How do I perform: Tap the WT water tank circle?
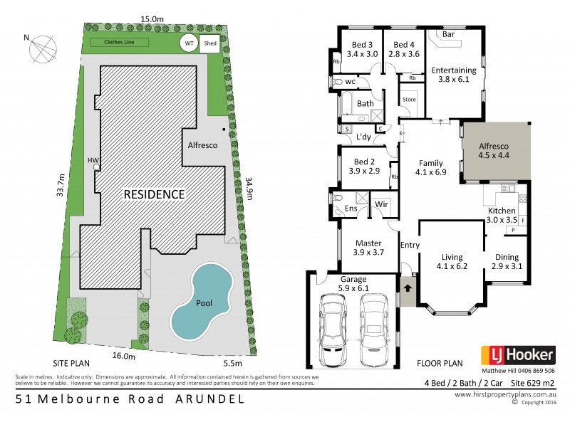pyautogui.click(x=189, y=43)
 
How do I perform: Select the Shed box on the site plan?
pyautogui.click(x=209, y=43)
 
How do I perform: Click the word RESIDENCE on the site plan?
pyautogui.click(x=155, y=194)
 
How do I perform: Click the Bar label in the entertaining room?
pyautogui.click(x=449, y=34)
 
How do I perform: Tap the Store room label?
pyautogui.click(x=410, y=100)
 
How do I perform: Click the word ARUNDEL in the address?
pyautogui.click(x=209, y=399)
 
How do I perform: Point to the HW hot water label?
pyautogui.click(x=92, y=160)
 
